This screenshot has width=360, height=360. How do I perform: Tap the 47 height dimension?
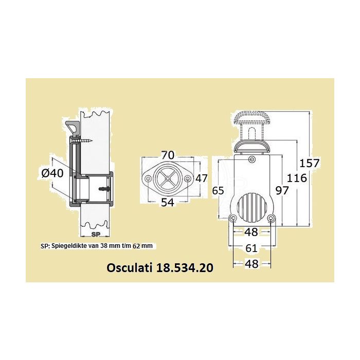click(x=202, y=178)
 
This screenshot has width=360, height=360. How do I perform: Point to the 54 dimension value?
click(x=167, y=202)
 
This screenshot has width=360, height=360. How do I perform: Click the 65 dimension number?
click(x=218, y=190)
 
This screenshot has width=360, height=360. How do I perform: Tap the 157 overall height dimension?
click(x=310, y=163)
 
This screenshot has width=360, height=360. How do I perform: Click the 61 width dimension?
click(x=251, y=248)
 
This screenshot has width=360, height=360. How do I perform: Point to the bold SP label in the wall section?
click(x=95, y=233)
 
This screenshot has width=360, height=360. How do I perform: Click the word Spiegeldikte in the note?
click(x=67, y=246)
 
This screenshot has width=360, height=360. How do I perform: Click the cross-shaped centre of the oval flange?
click(x=167, y=178)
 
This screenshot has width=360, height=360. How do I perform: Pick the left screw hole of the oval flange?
click(x=148, y=178)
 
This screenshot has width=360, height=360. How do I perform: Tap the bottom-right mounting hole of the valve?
click(x=271, y=219)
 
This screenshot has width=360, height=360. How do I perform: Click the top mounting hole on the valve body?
click(x=251, y=159)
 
